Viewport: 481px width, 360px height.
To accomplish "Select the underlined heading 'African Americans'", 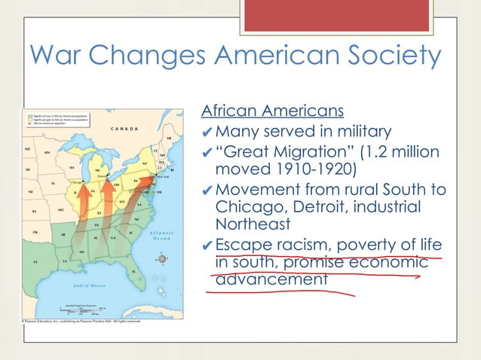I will point(272,111).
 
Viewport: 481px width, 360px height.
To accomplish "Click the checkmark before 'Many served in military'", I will point(207,133).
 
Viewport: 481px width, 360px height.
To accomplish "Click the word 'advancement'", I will point(272,279).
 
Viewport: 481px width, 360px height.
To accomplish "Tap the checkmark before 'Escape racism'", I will point(207,246).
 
